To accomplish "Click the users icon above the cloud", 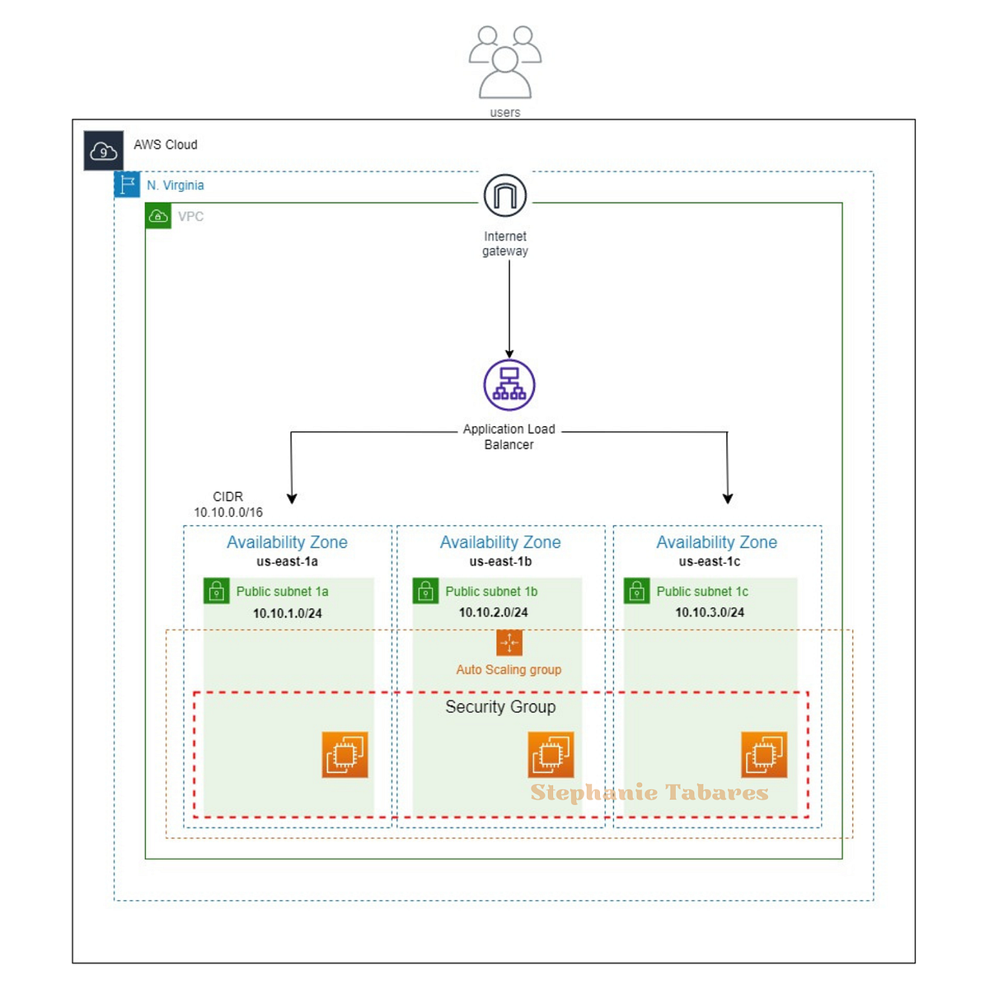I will [x=505, y=62].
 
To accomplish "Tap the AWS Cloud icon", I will [x=103, y=151].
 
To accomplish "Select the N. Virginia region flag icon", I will [x=127, y=185].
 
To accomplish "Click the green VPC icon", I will [x=158, y=216].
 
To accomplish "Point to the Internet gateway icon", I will [x=505, y=196].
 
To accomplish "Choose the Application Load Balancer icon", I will [x=509, y=385].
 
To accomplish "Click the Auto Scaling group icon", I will [x=509, y=643].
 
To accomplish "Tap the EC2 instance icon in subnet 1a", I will [x=345, y=754].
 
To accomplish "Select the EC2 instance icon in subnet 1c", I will [x=764, y=754].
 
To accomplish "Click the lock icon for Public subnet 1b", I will [x=425, y=591].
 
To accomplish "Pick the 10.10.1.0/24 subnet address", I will [x=288, y=613].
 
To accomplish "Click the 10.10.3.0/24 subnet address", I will [x=710, y=612].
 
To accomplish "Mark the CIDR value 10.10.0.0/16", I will [x=228, y=512].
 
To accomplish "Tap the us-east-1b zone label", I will [x=500, y=561].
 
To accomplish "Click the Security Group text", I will [x=500, y=706].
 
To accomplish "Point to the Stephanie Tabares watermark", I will [x=649, y=793].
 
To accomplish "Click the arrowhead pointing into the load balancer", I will [x=509, y=354].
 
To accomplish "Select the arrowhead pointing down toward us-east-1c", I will [x=728, y=498].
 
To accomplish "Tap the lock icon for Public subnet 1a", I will [x=217, y=591].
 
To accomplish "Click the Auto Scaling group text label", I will [x=509, y=669].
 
